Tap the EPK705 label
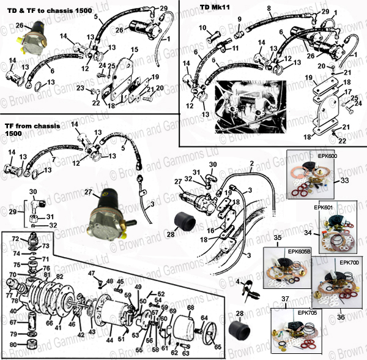[x=308, y=312]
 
